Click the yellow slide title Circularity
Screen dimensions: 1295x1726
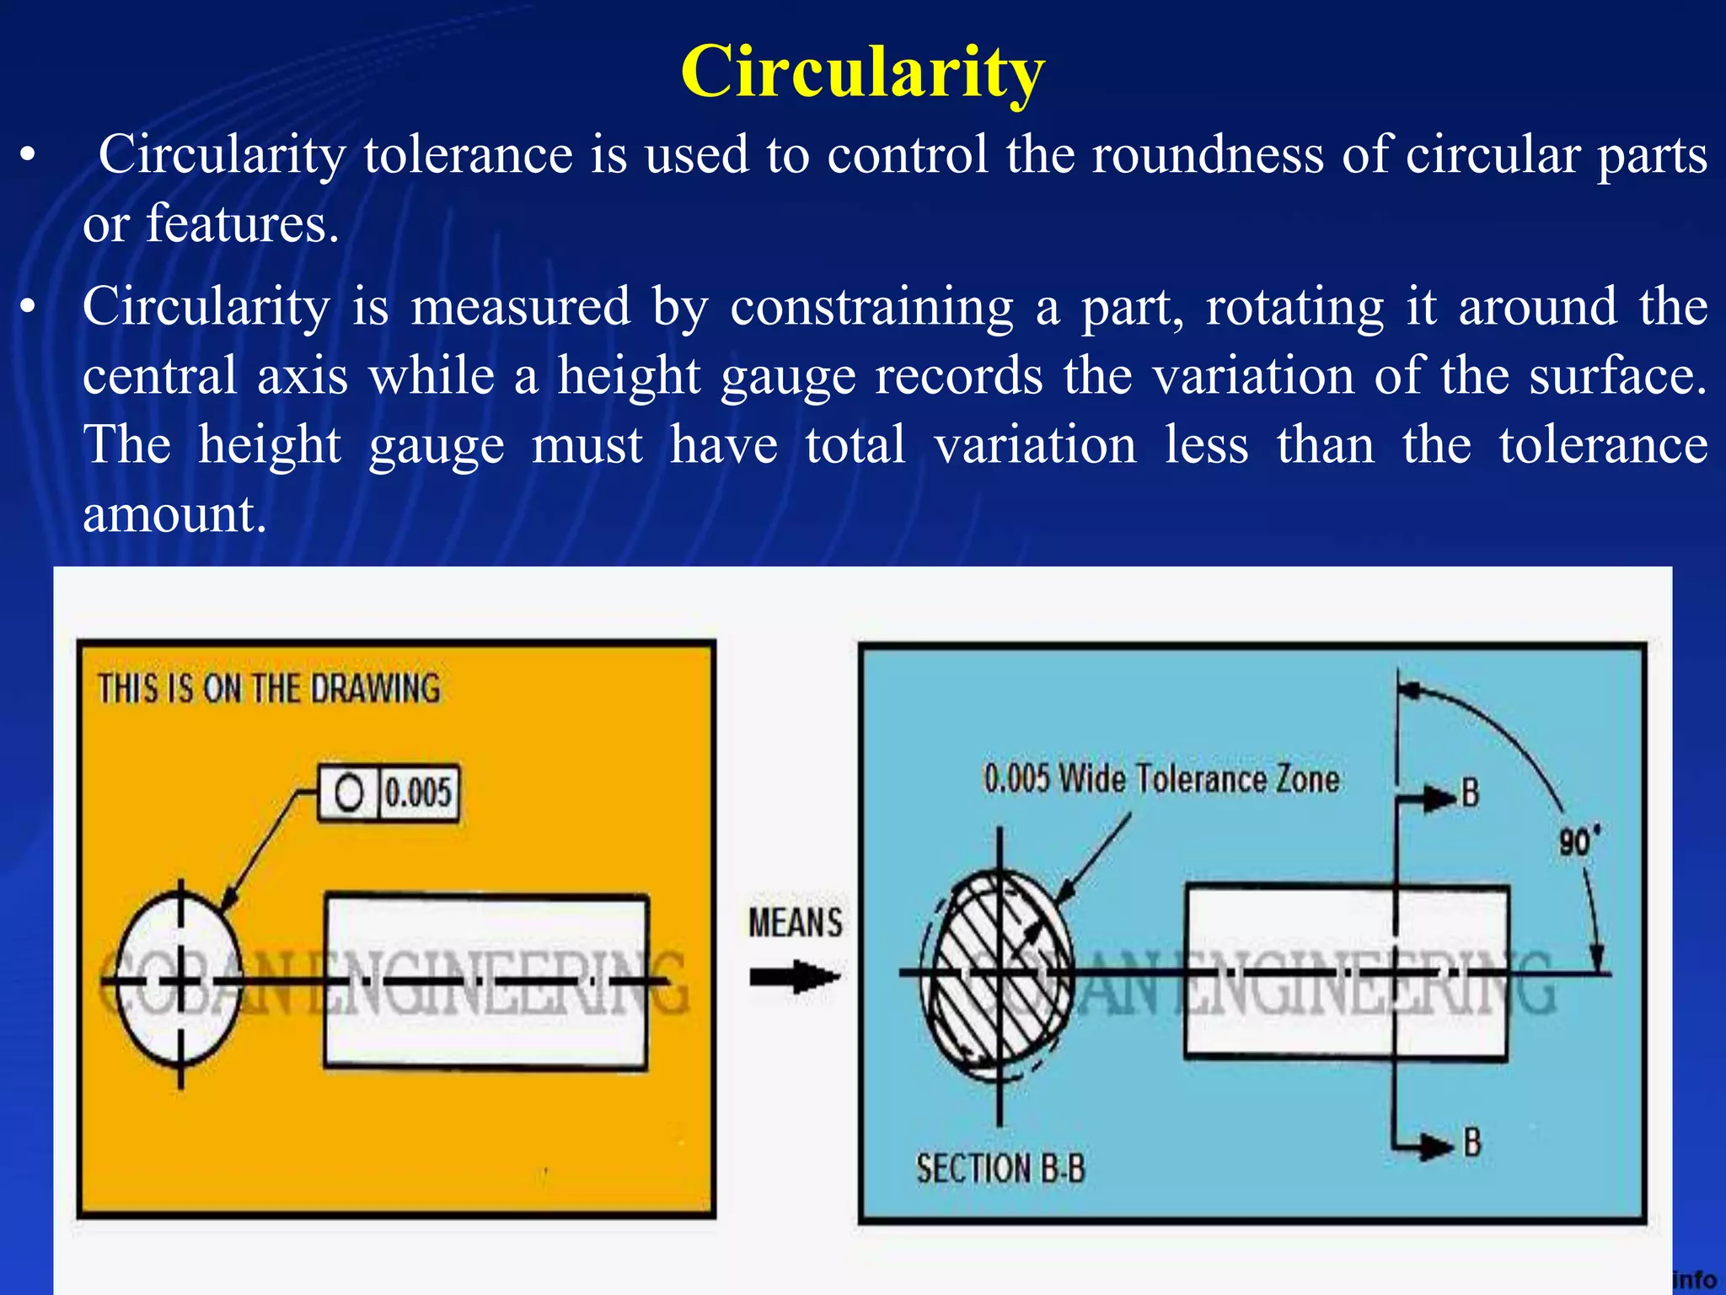tap(862, 73)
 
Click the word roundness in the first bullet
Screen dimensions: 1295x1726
tap(1208, 155)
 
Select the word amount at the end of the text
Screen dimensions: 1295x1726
tap(174, 514)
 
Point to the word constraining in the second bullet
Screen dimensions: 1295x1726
tap(871, 307)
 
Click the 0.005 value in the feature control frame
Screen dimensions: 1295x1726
tap(418, 793)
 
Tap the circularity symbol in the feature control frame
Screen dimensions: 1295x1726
tap(349, 793)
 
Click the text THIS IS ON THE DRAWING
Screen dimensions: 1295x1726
tap(269, 689)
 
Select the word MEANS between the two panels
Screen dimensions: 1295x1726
tap(795, 923)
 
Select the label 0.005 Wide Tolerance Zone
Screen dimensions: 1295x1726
tap(1160, 778)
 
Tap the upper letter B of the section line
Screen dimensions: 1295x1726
tap(1470, 793)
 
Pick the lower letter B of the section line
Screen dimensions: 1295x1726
tap(1471, 1143)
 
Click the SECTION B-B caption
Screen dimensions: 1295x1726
tap(1000, 1169)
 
